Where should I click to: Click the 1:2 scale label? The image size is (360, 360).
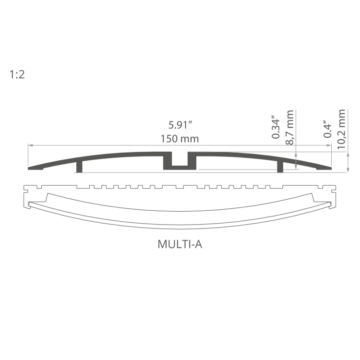click(x=16, y=74)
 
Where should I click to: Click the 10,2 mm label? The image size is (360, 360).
click(x=341, y=130)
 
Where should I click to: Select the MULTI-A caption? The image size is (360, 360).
click(x=180, y=244)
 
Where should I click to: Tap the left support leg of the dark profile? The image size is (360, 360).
click(x=80, y=166)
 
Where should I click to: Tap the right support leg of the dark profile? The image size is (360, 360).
click(x=280, y=166)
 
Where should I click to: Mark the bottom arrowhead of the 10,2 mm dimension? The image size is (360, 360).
click(x=347, y=169)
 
